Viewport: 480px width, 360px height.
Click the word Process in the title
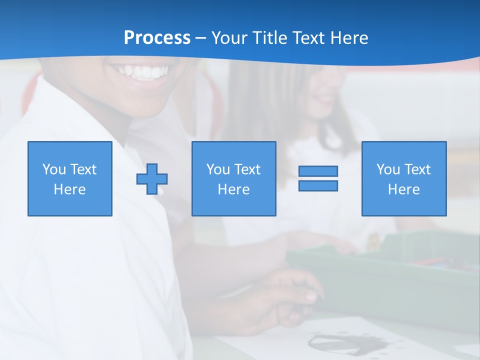pyautogui.click(x=157, y=38)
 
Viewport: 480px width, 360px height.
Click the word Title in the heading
pyautogui.click(x=267, y=38)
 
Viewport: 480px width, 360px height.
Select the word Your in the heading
pyautogui.click(x=229, y=38)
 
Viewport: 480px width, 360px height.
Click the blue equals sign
pyautogui.click(x=318, y=178)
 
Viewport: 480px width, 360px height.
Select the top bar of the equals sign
pyautogui.click(x=318, y=171)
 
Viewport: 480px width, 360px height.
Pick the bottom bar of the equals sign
pyautogui.click(x=318, y=186)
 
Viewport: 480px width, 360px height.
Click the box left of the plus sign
pyautogui.click(x=70, y=179)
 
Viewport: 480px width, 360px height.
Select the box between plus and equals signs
pyautogui.click(x=234, y=179)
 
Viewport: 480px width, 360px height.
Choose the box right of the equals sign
pyautogui.click(x=404, y=179)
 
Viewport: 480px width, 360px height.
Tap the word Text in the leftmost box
pyautogui.click(x=83, y=169)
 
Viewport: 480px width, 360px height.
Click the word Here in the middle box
pyautogui.click(x=234, y=189)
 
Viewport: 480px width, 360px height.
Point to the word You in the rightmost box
pyautogui.click(x=388, y=169)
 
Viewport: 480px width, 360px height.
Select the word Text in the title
pyautogui.click(x=306, y=38)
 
